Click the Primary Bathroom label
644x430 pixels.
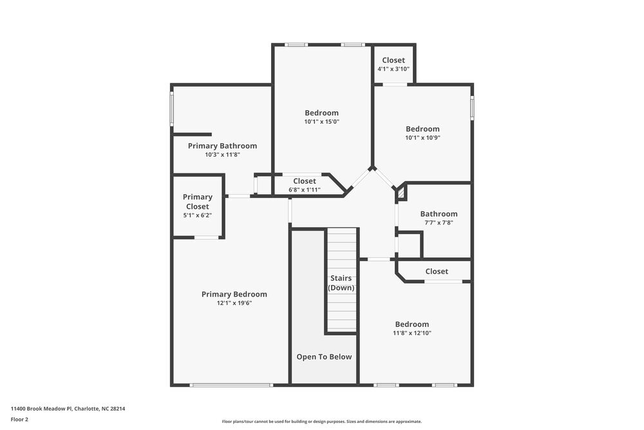(x=222, y=146)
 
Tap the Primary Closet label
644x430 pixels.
(x=197, y=202)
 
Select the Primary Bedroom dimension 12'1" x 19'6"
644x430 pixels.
(x=234, y=303)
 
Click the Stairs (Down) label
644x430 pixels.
(x=341, y=283)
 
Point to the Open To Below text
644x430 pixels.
(x=324, y=357)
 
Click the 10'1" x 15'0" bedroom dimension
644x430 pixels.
(x=321, y=122)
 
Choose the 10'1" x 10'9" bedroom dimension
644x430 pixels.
(x=422, y=137)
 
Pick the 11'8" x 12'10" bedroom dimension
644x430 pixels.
(x=412, y=333)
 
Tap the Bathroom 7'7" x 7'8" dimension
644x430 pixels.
(x=439, y=222)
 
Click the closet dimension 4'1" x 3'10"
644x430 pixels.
(x=393, y=69)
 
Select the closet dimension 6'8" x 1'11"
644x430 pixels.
(x=305, y=190)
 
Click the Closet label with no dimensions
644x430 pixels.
(x=437, y=271)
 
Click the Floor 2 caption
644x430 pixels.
(x=19, y=419)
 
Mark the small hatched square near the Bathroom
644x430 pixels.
(x=400, y=191)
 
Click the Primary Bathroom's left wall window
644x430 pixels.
(x=172, y=108)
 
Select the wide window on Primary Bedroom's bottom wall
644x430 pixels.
(x=231, y=386)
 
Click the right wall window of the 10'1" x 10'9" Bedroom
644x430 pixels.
(x=472, y=107)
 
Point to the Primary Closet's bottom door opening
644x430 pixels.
(x=206, y=238)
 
